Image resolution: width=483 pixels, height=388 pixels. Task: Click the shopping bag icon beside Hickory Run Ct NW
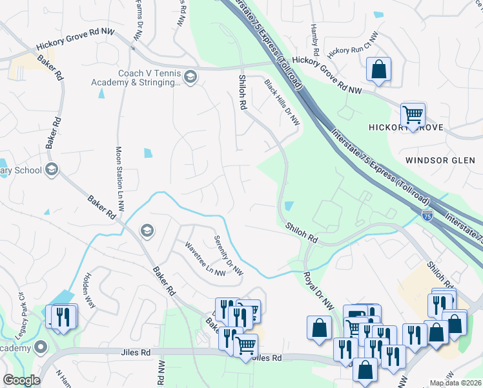(378, 69)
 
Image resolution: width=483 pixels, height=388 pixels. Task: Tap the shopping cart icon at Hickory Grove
(413, 115)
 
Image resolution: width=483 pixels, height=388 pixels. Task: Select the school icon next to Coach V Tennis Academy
(190, 78)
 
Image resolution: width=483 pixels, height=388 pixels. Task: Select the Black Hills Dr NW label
(283, 102)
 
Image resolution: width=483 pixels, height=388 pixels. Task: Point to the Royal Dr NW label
(316, 289)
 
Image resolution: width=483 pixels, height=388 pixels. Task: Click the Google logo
(21, 380)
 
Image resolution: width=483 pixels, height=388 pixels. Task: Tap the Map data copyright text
(455, 383)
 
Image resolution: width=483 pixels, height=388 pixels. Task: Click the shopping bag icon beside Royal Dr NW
(320, 327)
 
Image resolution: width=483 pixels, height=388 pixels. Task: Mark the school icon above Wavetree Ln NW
(147, 230)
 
